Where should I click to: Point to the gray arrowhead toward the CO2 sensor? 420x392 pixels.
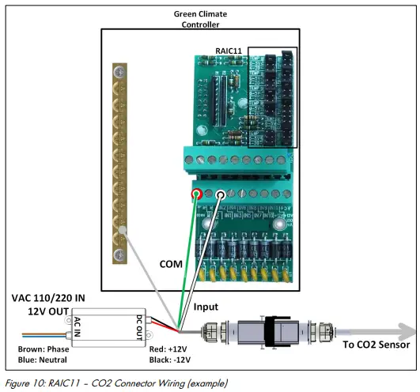click(403, 327)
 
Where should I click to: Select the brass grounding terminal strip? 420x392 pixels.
click(120, 158)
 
